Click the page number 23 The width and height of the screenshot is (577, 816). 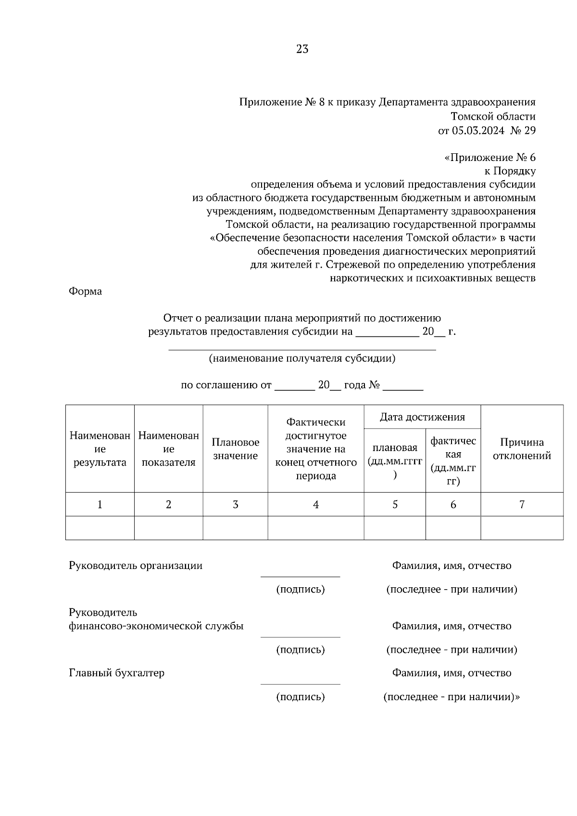(x=302, y=49)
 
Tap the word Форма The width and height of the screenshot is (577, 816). (x=85, y=291)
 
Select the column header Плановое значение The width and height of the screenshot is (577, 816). (x=235, y=449)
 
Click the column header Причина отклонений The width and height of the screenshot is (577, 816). (x=522, y=449)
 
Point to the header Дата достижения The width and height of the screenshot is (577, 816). (x=422, y=417)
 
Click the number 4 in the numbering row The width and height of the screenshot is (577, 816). (x=315, y=505)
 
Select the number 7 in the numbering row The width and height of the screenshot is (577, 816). (x=522, y=505)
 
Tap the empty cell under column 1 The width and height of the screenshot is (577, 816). (x=100, y=528)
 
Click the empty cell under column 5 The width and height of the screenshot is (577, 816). (x=395, y=528)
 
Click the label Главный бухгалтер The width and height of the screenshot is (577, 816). (x=116, y=673)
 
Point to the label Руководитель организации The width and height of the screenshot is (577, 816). (x=136, y=566)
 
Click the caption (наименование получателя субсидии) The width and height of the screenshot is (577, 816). (x=302, y=359)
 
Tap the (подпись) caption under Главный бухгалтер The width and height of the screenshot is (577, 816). (x=300, y=697)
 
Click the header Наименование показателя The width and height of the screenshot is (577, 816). (x=168, y=449)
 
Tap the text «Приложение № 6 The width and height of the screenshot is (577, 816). (x=489, y=158)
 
